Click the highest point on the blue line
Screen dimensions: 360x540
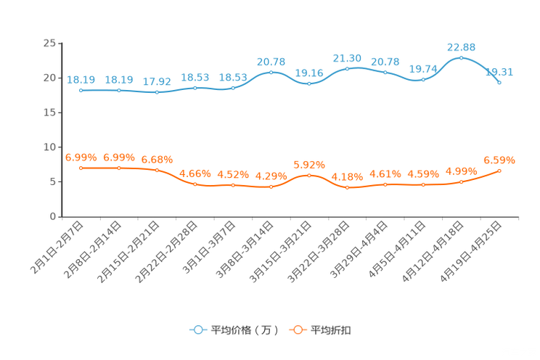[461, 57]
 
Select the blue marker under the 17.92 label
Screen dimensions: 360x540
[157, 93]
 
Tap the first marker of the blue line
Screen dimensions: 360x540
[81, 91]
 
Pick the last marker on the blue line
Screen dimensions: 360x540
[499, 82]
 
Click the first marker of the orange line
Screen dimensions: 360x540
[81, 168]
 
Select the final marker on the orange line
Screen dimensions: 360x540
[499, 170]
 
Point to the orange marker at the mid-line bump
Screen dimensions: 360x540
[309, 175]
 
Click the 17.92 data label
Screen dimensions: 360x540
[157, 81]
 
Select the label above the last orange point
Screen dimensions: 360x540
[499, 159]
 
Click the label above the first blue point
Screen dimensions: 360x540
[81, 79]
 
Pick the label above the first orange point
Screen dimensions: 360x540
[81, 157]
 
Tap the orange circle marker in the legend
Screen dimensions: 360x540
[297, 330]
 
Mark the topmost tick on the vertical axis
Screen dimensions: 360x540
[60, 44]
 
